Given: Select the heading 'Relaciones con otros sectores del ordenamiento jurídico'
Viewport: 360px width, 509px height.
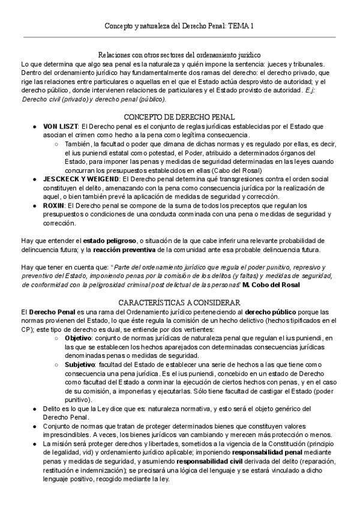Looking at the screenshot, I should coord(179,55).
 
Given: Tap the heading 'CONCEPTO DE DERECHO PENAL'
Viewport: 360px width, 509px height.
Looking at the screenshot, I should coord(179,116).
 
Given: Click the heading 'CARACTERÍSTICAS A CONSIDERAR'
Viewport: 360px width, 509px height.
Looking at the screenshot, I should coord(179,303).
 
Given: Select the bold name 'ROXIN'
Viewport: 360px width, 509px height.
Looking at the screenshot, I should coord(55,205).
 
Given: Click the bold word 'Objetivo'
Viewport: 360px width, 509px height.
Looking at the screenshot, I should coord(78,339).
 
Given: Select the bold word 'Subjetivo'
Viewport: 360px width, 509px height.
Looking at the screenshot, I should coord(79,364).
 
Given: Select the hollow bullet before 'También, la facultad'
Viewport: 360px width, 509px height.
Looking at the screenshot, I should coord(56,145).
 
